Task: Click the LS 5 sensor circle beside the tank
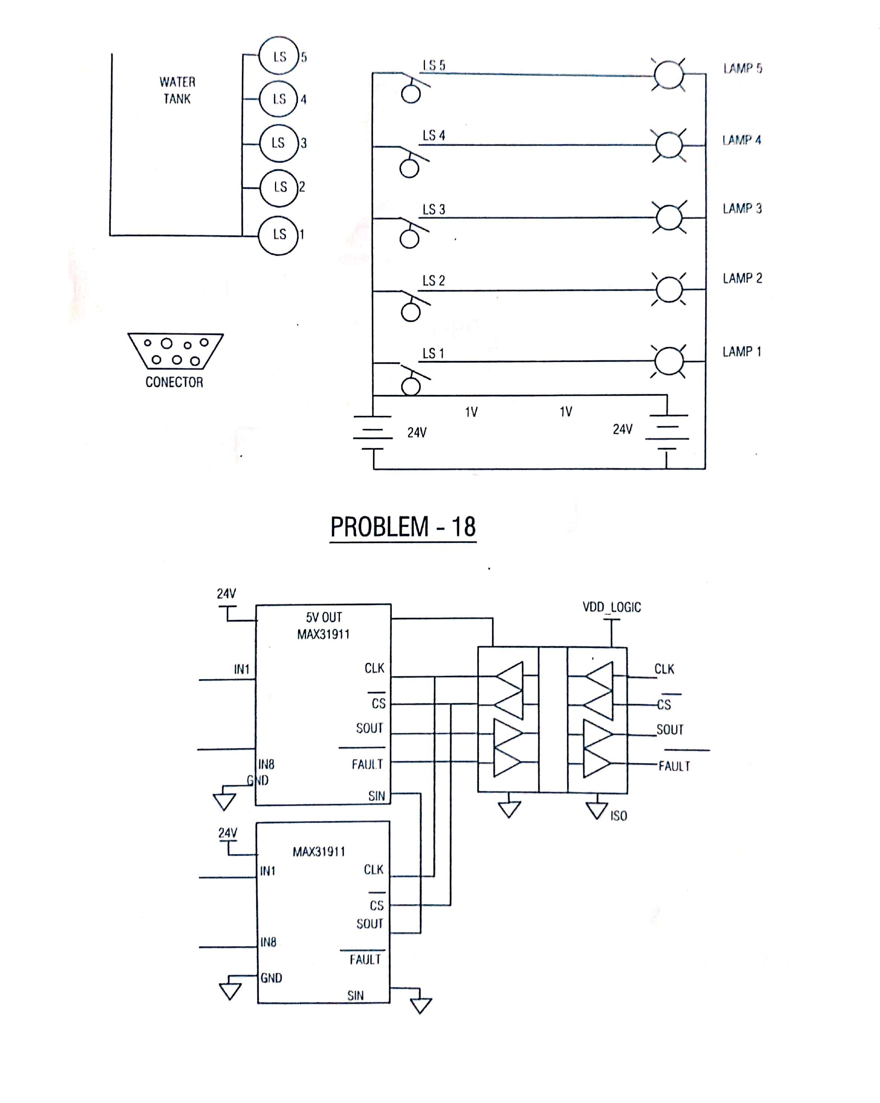tap(278, 56)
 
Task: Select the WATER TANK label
tap(177, 90)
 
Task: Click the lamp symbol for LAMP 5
tap(669, 75)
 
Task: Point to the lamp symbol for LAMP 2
tap(669, 290)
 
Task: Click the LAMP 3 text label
tap(742, 209)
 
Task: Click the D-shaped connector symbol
tap(176, 351)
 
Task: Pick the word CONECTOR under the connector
tap(174, 382)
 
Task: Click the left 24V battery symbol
tap(373, 432)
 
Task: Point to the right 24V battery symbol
tap(667, 432)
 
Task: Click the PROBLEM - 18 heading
tap(403, 527)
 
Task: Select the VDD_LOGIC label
tap(611, 607)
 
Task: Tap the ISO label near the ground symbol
tap(619, 816)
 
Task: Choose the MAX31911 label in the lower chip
tap(319, 852)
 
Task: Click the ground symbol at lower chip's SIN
tap(420, 1005)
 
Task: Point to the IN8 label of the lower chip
tap(268, 943)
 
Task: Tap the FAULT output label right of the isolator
tap(674, 766)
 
